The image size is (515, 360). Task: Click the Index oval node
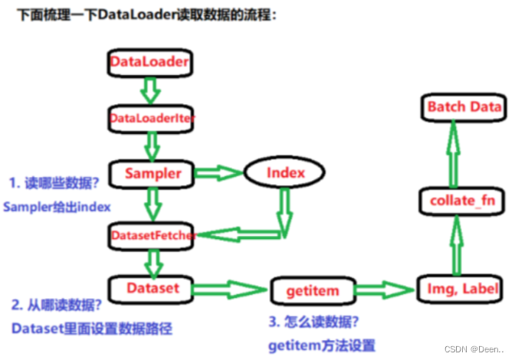pyautogui.click(x=285, y=173)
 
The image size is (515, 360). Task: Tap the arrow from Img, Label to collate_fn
pyautogui.click(x=458, y=247)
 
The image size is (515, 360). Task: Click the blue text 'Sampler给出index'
pyautogui.click(x=57, y=207)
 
